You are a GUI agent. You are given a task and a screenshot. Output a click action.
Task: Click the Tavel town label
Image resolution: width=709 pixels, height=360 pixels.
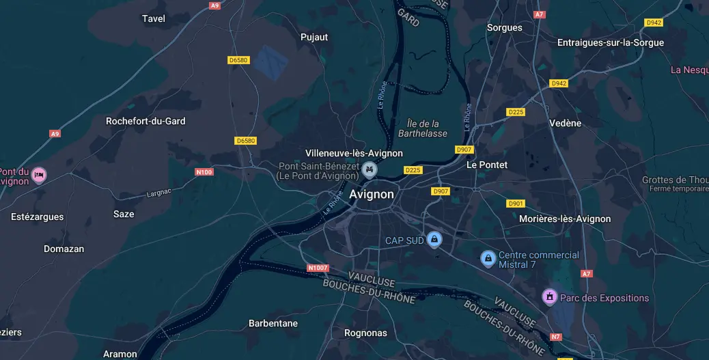154,18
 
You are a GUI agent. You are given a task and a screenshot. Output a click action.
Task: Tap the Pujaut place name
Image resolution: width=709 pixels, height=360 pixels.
314,37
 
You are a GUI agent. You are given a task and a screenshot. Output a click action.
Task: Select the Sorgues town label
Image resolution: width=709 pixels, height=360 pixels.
504,28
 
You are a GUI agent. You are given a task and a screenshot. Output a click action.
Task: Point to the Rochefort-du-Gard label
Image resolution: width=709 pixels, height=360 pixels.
145,121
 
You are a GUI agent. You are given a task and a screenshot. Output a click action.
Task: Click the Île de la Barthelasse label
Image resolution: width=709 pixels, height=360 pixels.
422,128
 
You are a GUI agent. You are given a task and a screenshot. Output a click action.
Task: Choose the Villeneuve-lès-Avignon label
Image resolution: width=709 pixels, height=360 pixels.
354,153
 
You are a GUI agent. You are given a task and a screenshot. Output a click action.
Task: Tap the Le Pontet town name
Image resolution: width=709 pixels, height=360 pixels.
487,165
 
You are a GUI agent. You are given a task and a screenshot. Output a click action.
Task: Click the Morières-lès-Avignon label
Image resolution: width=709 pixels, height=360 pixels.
565,219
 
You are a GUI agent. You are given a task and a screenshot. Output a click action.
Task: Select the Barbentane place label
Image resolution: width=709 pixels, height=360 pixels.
273,323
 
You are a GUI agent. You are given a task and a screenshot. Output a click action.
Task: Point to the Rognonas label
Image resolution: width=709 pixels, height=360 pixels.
365,333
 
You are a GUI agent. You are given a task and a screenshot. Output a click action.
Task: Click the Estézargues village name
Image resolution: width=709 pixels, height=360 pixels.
38,217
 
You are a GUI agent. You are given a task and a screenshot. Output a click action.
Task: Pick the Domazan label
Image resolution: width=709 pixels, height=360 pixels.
64,249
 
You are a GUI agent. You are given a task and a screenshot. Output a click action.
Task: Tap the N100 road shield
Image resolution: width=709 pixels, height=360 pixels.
204,172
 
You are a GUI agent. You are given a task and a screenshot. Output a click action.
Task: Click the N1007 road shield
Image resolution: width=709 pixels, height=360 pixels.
318,268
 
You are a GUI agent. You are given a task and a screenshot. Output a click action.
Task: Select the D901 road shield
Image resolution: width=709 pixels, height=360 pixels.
516,204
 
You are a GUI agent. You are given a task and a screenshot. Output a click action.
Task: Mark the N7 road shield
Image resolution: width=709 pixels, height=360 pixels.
556,337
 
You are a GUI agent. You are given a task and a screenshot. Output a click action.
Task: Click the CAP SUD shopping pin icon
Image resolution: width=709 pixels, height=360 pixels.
433,239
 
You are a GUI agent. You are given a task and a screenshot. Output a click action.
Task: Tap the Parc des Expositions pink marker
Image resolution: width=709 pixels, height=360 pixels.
549,296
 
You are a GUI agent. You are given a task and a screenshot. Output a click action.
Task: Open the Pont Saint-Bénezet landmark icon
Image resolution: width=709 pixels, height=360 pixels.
370,169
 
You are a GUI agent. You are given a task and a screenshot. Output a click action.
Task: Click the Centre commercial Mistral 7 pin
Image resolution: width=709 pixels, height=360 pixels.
488,258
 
